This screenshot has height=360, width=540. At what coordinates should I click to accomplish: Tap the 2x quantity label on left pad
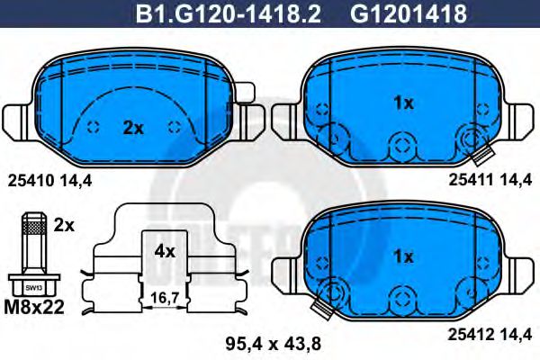(133, 128)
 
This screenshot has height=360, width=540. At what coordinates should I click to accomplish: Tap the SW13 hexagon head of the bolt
(33, 286)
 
